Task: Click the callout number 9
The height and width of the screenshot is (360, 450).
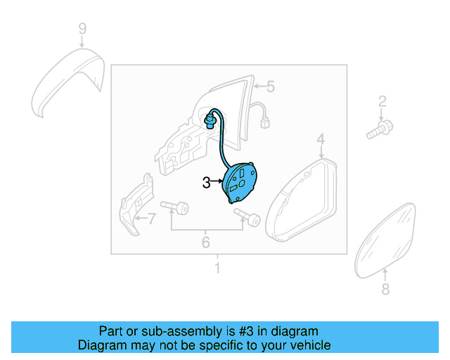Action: (x=82, y=29)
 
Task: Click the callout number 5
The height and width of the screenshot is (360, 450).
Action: (x=270, y=87)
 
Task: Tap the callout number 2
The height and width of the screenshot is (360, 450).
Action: (x=382, y=101)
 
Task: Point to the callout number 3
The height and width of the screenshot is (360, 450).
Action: (x=206, y=183)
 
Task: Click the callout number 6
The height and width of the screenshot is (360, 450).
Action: (x=206, y=243)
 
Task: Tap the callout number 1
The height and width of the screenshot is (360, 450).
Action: (x=217, y=268)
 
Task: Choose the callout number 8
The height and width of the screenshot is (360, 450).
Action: (x=385, y=289)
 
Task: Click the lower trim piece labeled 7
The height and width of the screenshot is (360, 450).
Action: (x=135, y=208)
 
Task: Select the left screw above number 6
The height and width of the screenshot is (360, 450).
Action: (x=176, y=208)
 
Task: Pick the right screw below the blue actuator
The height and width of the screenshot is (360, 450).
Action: (x=247, y=219)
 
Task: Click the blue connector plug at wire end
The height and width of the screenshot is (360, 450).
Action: (x=210, y=123)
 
